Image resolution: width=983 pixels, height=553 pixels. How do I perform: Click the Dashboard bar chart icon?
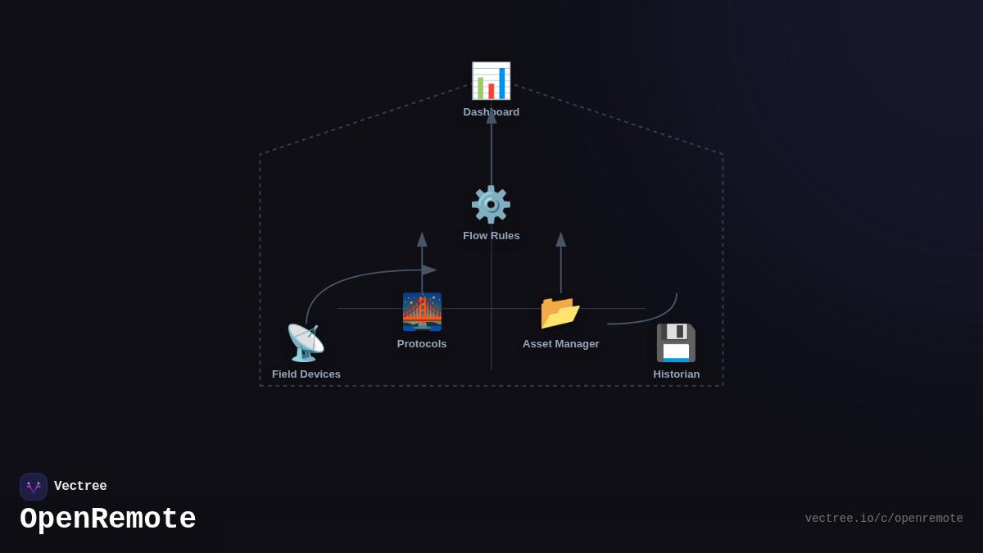[491, 81]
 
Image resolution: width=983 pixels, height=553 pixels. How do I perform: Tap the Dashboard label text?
[491, 112]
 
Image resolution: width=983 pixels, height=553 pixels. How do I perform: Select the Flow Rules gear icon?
[491, 205]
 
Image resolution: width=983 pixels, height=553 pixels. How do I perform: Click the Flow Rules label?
[491, 236]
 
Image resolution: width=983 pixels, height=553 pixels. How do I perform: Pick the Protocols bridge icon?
[422, 312]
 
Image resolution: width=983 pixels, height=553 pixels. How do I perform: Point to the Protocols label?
[422, 344]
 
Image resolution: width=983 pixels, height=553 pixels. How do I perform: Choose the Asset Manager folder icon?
[560, 312]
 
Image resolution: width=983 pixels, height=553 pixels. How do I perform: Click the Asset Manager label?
[560, 344]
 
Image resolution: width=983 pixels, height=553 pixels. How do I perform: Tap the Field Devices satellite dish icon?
[306, 343]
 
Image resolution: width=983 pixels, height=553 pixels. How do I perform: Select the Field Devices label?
[306, 374]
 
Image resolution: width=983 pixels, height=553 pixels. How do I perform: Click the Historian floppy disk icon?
[676, 343]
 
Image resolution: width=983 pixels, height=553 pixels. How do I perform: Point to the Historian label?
[676, 374]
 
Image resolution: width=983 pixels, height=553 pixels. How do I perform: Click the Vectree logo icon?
[34, 487]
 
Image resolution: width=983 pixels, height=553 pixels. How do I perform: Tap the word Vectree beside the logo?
[80, 487]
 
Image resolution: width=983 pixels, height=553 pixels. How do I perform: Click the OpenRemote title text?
[108, 519]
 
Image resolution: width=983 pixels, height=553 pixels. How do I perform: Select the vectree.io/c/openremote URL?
[883, 519]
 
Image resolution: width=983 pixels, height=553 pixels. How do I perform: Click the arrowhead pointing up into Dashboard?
[491, 117]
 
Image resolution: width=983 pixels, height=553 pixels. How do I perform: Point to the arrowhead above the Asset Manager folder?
[561, 239]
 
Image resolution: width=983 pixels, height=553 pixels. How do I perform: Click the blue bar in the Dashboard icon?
[502, 84]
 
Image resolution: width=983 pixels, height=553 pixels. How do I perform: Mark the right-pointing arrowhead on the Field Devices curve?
[429, 270]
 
